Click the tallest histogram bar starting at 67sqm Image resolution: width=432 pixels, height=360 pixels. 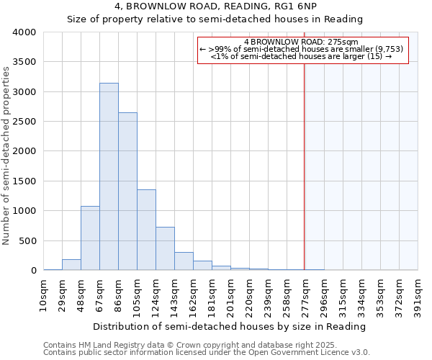tap(109, 176)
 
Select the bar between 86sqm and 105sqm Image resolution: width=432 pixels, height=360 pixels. tap(127, 192)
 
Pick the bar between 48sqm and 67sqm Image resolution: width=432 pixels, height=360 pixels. tap(90, 238)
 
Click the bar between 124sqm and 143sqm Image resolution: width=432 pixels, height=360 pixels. tap(165, 248)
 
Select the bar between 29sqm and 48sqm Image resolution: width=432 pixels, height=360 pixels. tap(71, 265)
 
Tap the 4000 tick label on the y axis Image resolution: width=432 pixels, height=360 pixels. tap(24, 32)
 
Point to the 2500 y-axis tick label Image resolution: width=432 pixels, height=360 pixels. tap(24, 122)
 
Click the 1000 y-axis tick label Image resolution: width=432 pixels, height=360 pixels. tap(24, 211)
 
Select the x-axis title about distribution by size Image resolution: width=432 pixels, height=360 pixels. tap(230, 326)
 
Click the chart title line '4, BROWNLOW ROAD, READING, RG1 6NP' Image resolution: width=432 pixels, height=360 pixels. tap(215, 6)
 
